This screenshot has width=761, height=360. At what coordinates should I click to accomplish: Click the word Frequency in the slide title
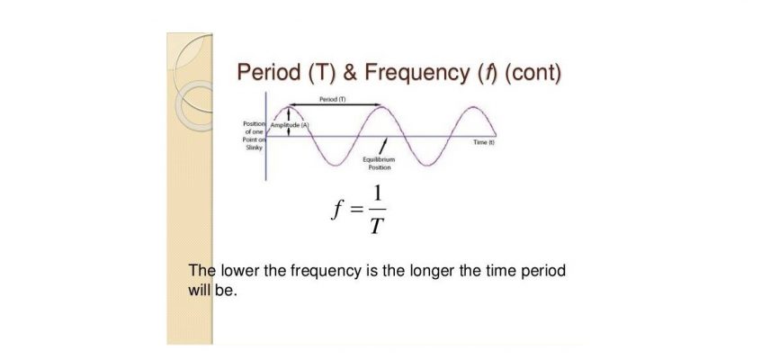(416, 73)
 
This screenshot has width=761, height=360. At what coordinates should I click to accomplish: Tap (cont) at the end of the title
(533, 73)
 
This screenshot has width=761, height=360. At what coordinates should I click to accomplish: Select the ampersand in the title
(349, 72)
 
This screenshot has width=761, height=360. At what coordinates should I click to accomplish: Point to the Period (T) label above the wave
(333, 99)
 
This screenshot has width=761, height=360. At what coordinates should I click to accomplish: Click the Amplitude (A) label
(290, 125)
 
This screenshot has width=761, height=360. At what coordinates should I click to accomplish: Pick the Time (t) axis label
(484, 142)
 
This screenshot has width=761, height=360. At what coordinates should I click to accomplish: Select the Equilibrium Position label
(379, 163)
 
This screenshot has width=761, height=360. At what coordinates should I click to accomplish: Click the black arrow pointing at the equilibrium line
(383, 144)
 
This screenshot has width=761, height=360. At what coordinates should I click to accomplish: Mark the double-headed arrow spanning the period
(336, 105)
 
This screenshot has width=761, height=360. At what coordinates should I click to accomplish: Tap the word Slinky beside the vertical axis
(255, 148)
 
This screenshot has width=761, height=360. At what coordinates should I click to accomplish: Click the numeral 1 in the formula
(377, 194)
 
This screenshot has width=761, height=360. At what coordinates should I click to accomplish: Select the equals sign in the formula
(357, 210)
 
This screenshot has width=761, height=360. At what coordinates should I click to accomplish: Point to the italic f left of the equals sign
(336, 211)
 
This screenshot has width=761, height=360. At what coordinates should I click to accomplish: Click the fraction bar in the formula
(377, 210)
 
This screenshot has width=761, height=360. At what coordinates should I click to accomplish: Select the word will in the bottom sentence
(199, 291)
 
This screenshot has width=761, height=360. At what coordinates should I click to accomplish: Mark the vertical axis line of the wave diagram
(266, 136)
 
